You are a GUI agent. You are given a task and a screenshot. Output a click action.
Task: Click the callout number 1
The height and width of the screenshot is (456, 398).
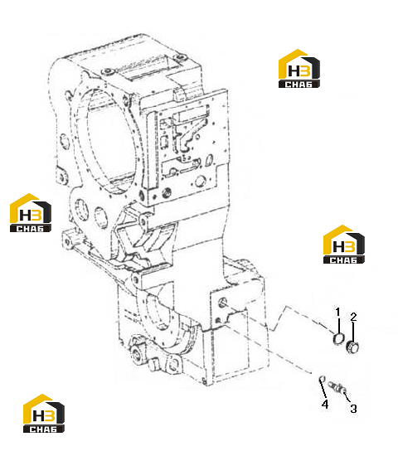[x=337, y=313]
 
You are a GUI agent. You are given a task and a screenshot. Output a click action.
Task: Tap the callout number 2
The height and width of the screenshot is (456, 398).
[x=353, y=317]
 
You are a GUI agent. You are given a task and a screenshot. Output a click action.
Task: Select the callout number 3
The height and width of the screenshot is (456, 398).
[x=353, y=409]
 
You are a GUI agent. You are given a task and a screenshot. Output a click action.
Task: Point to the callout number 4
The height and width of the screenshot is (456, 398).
[x=325, y=404]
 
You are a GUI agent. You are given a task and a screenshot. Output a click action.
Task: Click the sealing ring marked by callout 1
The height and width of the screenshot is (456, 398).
[x=338, y=339]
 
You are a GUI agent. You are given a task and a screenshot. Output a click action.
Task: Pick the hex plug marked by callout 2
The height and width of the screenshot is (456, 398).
[x=352, y=347]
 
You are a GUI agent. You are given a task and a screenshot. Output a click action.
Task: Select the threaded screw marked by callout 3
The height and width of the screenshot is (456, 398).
[x=337, y=388]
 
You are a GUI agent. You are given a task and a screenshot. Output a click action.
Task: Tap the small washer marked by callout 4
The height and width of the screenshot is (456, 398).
[x=322, y=379]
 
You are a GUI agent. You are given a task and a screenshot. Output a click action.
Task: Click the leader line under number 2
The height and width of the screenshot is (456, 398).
[x=353, y=332]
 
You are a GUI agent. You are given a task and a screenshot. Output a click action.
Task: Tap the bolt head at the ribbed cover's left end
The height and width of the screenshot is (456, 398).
[x=109, y=71]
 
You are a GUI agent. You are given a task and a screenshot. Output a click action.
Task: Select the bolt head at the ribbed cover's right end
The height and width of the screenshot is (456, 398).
[x=182, y=56]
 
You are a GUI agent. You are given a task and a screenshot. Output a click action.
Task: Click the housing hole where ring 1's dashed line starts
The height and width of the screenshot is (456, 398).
[x=223, y=302]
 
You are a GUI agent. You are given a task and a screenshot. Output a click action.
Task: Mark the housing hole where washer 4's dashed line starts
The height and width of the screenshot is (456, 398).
[x=217, y=321]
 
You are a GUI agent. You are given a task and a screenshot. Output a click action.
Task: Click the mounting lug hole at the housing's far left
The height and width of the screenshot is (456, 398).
[x=67, y=242]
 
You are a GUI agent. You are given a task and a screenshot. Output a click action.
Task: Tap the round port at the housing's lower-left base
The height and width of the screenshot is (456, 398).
[x=136, y=354]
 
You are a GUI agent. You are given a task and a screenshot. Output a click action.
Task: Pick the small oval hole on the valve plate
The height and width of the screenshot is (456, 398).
[x=209, y=160]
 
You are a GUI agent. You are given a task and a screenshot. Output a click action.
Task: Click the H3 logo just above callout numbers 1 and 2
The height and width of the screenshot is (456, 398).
[x=343, y=245]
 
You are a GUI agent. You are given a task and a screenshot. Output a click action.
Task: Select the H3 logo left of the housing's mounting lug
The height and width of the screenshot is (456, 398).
[x=31, y=213]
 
